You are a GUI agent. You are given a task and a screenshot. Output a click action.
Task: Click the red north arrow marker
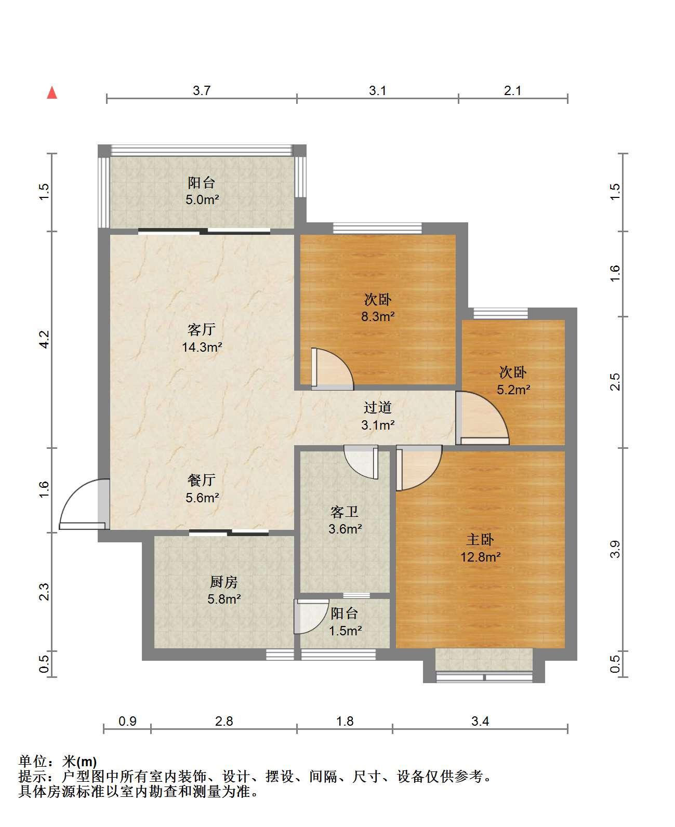tap(52, 93)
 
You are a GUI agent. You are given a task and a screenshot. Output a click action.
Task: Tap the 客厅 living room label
tap(202, 330)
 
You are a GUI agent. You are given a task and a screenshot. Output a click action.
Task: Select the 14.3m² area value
tap(202, 347)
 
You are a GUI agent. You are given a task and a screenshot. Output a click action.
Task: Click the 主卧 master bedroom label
tap(480, 540)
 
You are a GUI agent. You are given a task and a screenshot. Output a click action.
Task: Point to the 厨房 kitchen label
tap(224, 582)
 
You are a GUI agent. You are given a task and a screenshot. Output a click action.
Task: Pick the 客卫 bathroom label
tap(345, 512)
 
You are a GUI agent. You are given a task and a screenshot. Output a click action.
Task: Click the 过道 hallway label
tap(378, 407)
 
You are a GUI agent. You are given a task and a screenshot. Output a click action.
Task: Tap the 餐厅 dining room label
tap(202, 480)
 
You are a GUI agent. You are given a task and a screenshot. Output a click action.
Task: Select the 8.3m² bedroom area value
tap(378, 316)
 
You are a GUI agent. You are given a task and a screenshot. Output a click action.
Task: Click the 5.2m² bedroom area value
tap(513, 390)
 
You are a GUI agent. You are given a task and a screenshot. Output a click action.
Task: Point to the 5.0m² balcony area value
tap(202, 199)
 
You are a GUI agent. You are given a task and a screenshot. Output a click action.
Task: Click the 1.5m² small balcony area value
tap(345, 631)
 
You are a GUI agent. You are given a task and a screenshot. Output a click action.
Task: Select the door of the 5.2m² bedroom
tap(482, 418)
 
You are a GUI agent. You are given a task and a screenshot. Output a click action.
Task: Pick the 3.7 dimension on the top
tap(202, 90)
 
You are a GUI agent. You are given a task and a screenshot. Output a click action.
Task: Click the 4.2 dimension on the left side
tap(44, 339)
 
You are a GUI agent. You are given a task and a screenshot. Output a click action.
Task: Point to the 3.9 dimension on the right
tap(615, 549)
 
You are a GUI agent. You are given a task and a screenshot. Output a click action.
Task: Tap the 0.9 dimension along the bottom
tap(127, 721)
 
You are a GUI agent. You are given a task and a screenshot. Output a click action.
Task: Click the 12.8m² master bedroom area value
tap(481, 557)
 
